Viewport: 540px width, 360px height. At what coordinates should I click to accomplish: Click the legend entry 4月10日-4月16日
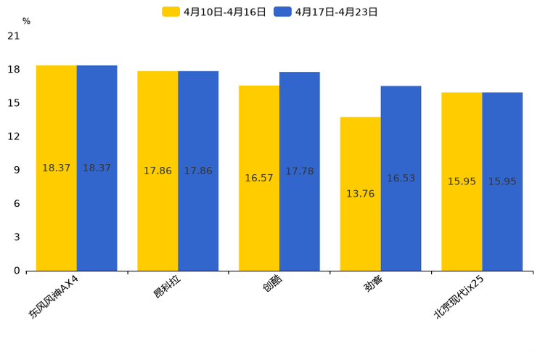point(215,12)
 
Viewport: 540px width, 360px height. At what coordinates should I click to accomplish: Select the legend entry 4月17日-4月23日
point(326,12)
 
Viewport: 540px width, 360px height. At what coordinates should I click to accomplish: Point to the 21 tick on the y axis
point(14,36)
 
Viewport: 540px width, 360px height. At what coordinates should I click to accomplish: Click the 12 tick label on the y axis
point(14,136)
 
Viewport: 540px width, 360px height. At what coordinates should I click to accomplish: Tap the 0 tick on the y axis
point(17,271)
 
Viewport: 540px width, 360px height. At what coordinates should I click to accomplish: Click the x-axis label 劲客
point(374,284)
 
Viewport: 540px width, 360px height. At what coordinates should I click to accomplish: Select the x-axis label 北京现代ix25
point(459,297)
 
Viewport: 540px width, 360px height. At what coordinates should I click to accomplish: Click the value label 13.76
point(361,194)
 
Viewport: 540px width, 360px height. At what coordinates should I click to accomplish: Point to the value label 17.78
point(300,171)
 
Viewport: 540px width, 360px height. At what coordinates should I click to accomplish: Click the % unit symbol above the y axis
point(26,22)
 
